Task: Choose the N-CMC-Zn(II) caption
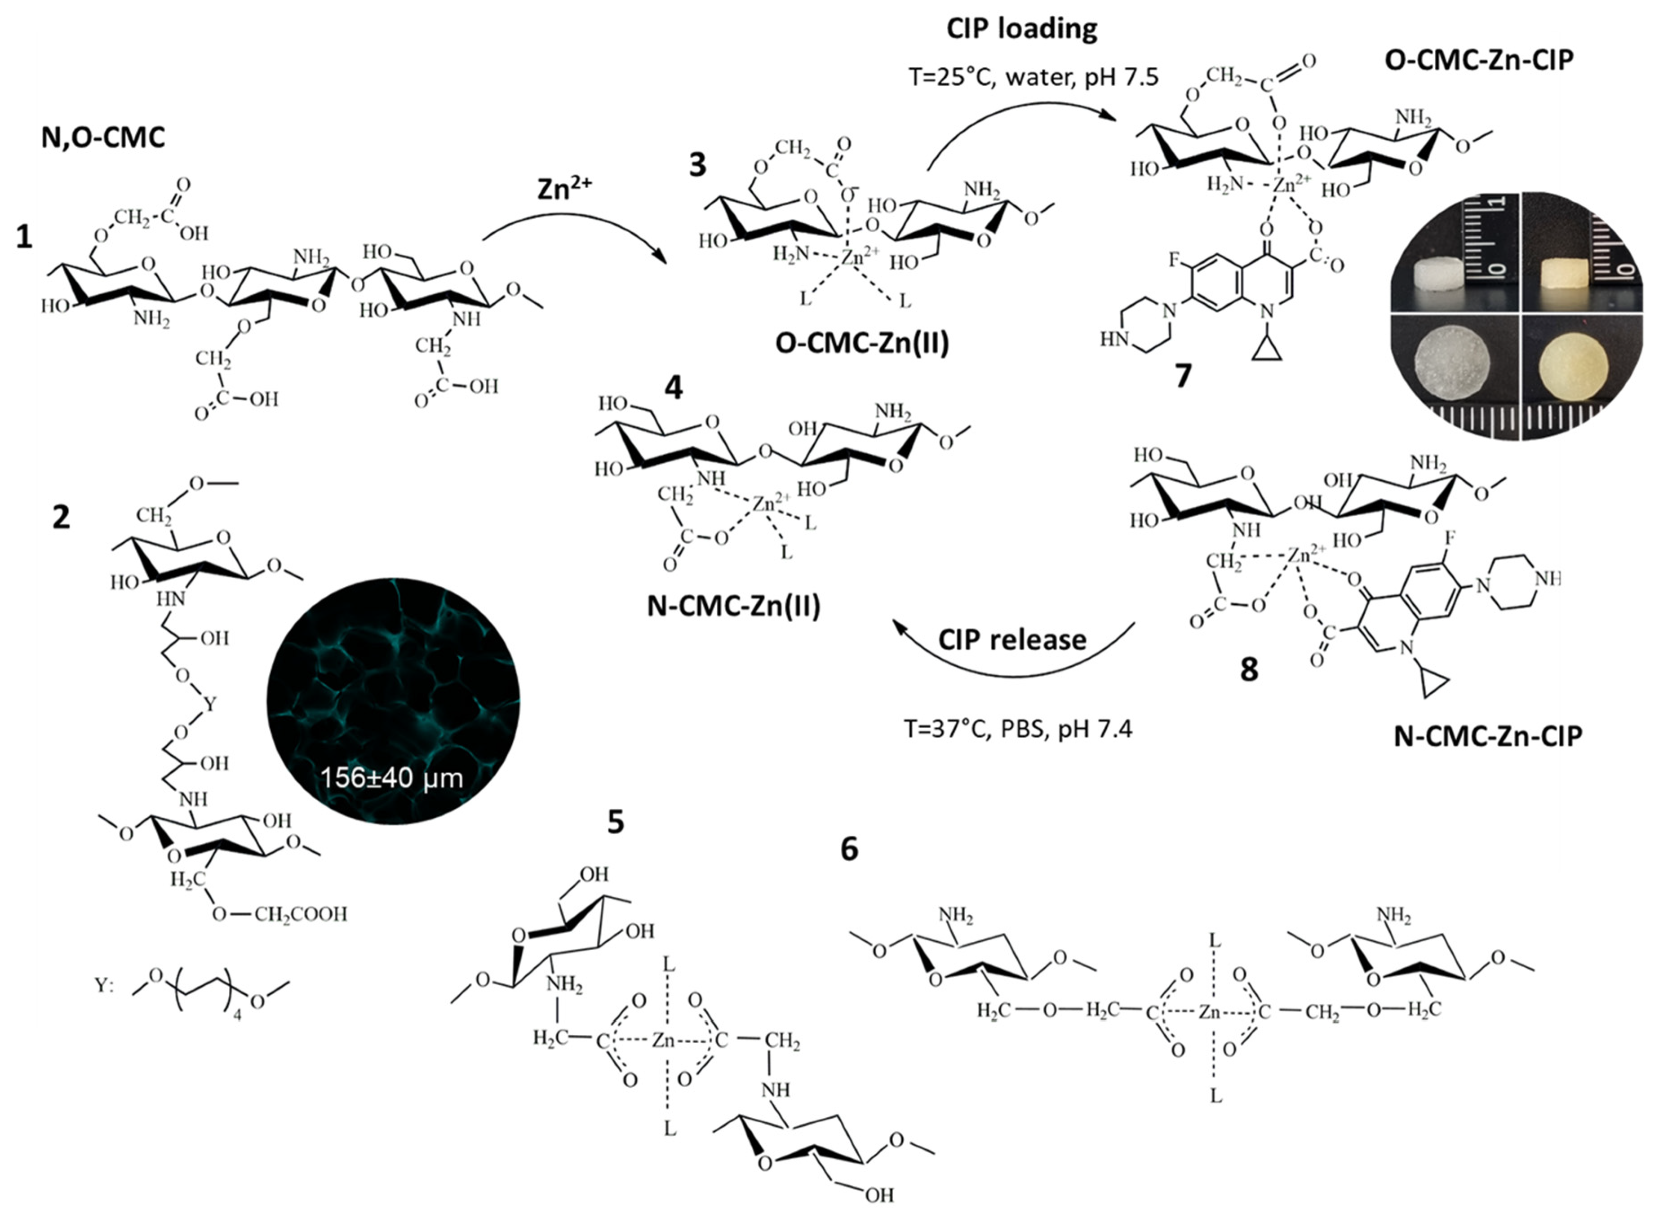coord(734,606)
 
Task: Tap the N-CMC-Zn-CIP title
coord(1488,736)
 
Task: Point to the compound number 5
coord(616,821)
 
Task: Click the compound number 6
coord(849,849)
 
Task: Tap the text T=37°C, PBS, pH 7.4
coord(1017,729)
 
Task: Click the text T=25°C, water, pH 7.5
coord(1034,77)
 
